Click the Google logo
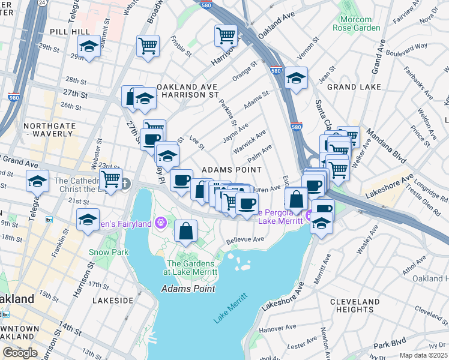point(20,353)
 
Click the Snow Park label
point(109,253)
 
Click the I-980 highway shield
point(14,96)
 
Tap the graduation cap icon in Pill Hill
point(89,46)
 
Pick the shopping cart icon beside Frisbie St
point(148,46)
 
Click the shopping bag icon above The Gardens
point(186,231)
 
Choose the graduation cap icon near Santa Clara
point(295,78)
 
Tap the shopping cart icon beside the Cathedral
point(110,178)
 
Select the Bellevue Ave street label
point(245,240)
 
